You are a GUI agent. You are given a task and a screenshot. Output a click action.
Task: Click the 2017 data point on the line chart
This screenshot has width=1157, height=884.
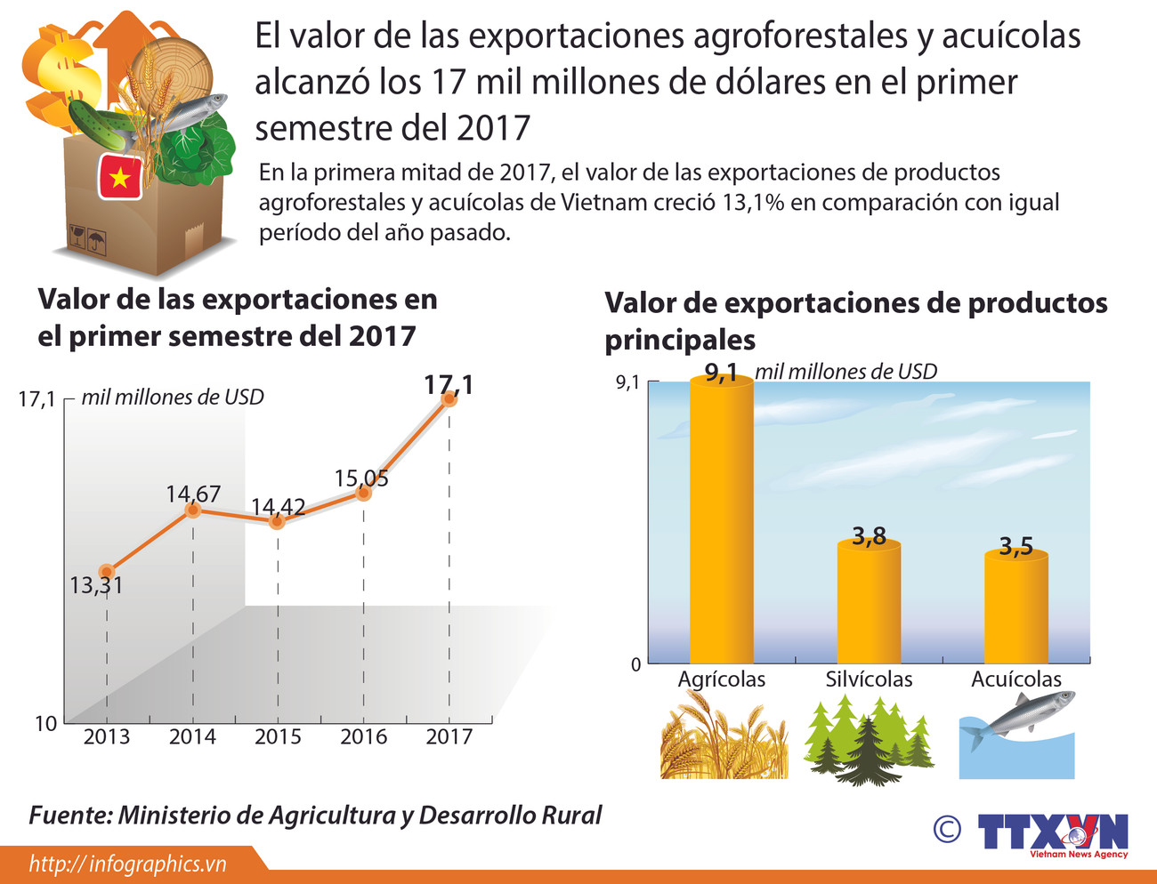click(x=449, y=399)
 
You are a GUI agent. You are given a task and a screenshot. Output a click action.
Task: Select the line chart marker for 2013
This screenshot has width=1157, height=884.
click(x=107, y=572)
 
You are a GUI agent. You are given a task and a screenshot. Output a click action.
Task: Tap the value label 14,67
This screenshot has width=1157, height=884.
click(x=193, y=494)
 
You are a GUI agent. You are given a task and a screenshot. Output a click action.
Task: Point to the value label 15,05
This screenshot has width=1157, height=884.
click(x=361, y=478)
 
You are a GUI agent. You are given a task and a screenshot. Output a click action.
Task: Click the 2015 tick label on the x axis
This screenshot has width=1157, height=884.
click(x=278, y=737)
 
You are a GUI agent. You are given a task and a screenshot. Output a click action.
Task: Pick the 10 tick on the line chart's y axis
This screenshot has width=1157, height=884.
click(x=45, y=724)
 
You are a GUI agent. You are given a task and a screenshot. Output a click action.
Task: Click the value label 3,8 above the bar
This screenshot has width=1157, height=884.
click(x=869, y=535)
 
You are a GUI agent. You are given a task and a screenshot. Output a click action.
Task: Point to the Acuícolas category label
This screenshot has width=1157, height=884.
click(x=1015, y=679)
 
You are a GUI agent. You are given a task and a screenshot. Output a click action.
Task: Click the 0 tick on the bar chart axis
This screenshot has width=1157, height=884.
click(x=635, y=664)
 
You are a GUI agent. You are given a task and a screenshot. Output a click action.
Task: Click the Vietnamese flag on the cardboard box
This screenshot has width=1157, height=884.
click(x=119, y=177)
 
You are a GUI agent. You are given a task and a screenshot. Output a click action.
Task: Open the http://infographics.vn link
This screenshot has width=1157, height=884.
click(x=128, y=864)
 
